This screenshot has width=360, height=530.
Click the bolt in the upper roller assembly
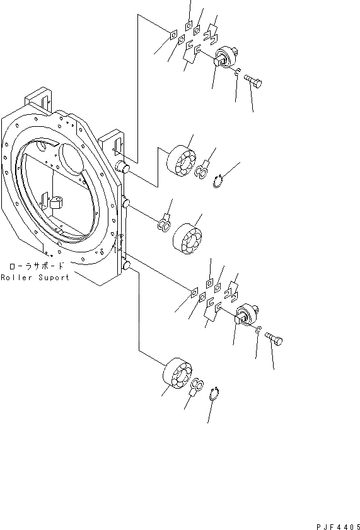point(253,81)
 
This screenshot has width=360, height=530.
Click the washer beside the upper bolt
point(236,74)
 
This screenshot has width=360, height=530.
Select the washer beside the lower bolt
point(259,330)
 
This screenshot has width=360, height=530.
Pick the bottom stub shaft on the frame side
point(126,268)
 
